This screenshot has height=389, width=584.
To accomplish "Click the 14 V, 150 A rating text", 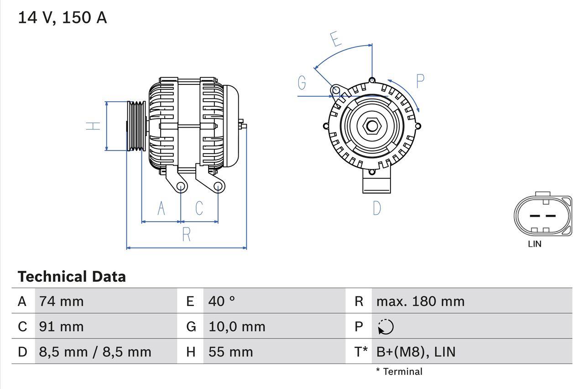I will coord(63,18).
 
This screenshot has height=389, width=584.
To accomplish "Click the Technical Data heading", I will coord(72,277).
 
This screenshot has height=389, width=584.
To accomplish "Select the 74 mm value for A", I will coord(62,301).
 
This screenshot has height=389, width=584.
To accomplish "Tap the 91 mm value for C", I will coord(62,327).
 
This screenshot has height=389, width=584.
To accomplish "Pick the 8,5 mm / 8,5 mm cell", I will coord(95,352).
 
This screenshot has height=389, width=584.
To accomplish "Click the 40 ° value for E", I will coord(222,301).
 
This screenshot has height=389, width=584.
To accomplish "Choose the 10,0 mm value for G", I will coord(237,327).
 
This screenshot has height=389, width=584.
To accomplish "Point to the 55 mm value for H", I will coord(230,352).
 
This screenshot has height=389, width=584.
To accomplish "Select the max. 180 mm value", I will coord(420,301).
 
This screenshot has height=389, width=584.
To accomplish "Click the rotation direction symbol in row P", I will coord(386,327).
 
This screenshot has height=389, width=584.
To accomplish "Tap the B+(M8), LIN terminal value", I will coord(416,352).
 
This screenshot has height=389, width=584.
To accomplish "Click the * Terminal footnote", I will coord(399,372).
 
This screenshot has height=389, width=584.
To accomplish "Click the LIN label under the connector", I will coord(535,244).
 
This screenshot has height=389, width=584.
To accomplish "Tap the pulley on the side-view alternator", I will coord(136,125).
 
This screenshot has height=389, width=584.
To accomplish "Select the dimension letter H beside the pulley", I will coord(94,125).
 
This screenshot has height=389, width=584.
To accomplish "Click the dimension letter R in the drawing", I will coord(186,234).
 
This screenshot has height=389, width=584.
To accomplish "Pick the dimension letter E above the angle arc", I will coord(336,39).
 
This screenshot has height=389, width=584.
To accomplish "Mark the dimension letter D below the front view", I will coord(377,208).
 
